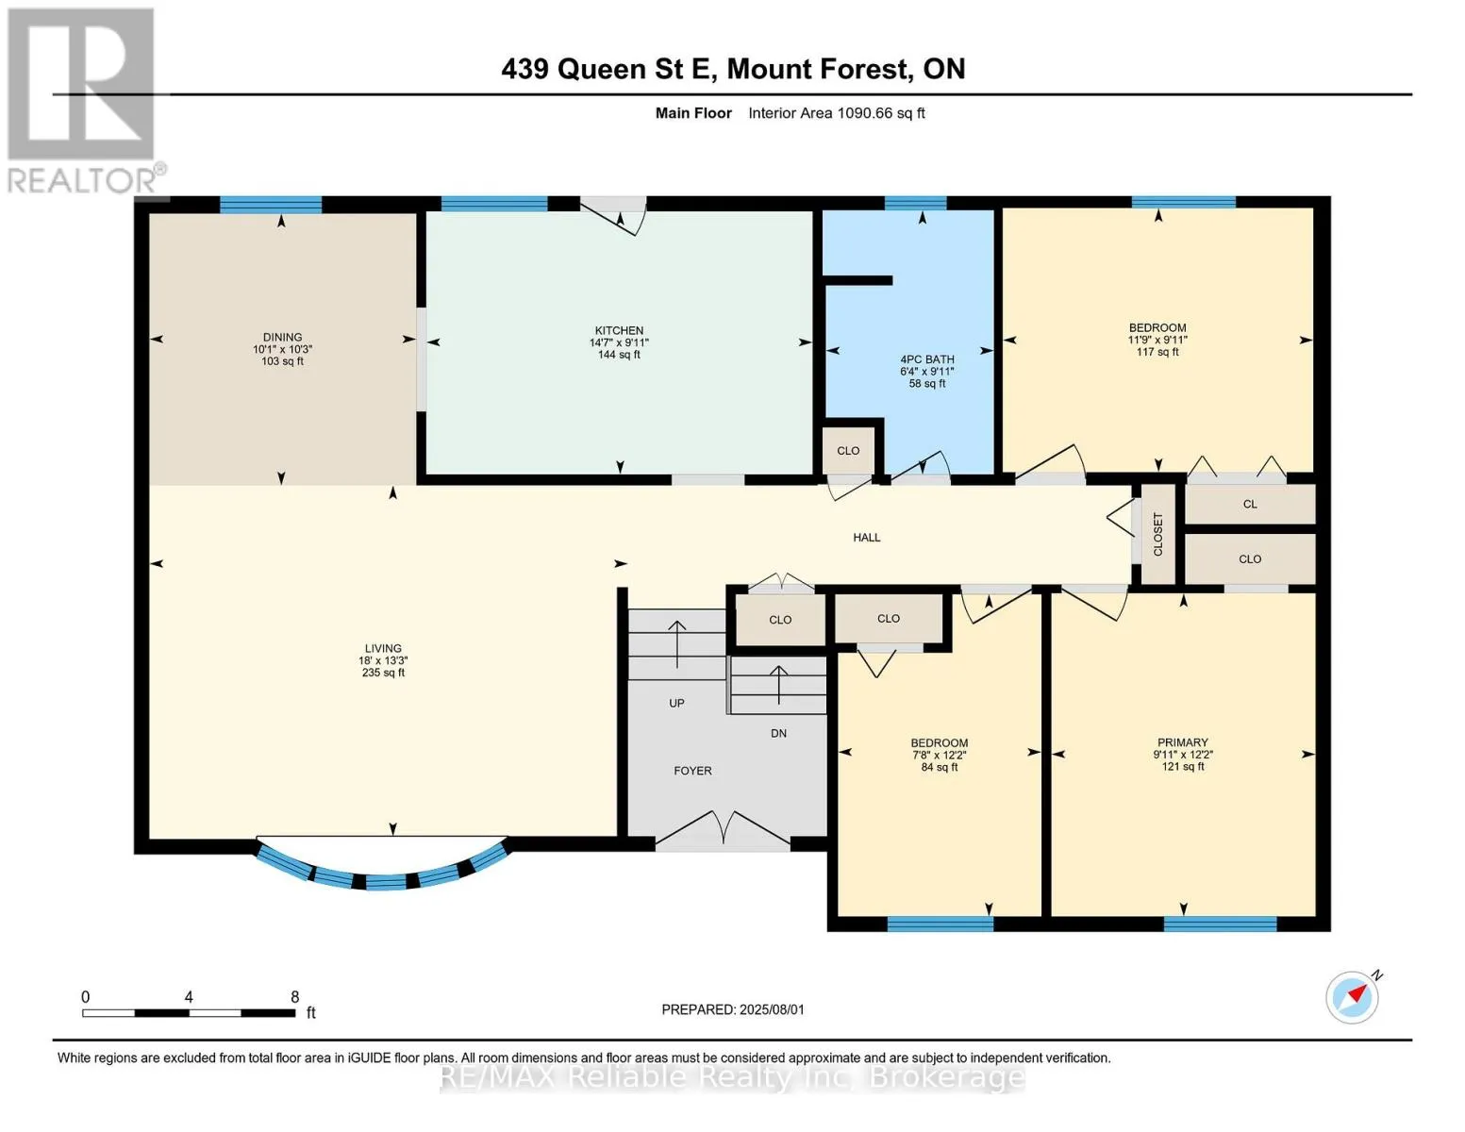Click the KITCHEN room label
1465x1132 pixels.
pos(619,330)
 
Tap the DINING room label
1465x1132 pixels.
pos(282,337)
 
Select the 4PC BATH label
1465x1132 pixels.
pos(927,359)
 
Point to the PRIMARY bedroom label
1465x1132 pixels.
pos(1183,742)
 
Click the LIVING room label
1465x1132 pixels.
pos(383,649)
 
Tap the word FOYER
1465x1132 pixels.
pos(692,771)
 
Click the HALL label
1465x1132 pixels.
pos(866,538)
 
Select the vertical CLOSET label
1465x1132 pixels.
pos(1158,534)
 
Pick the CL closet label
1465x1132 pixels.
pos(1250,505)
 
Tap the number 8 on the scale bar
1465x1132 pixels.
pos(294,996)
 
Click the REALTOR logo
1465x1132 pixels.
pos(84,101)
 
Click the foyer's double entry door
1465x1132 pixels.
pos(722,829)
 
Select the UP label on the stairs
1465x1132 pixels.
pos(676,703)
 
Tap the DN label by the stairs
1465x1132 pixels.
pos(778,734)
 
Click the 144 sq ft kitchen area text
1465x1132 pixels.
pos(619,355)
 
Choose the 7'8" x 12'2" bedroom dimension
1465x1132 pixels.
pos(940,755)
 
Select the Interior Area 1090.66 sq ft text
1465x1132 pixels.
pos(836,113)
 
